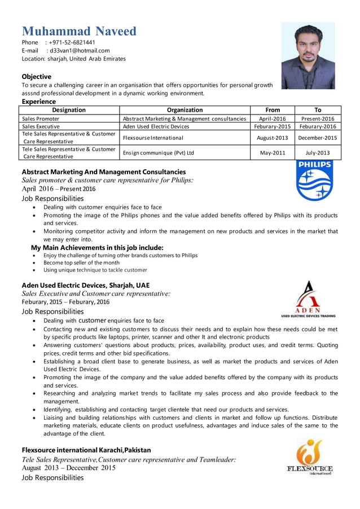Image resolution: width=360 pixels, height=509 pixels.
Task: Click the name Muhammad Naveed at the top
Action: click(79, 31)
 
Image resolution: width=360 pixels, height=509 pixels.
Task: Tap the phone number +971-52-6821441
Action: click(72, 42)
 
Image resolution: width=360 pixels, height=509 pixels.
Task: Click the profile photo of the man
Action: click(308, 56)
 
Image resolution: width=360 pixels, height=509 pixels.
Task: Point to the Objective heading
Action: click(36, 76)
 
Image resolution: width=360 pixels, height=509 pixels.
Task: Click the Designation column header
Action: click(69, 110)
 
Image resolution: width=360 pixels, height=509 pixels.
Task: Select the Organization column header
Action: click(185, 110)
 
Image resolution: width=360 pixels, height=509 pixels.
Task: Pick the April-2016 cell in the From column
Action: click(272, 119)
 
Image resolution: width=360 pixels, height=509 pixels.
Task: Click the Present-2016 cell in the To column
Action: click(318, 119)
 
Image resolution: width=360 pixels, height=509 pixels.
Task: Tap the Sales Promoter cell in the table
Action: click(41, 119)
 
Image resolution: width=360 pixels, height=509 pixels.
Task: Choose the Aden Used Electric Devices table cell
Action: click(156, 127)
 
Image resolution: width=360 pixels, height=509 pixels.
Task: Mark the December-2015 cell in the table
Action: click(318, 137)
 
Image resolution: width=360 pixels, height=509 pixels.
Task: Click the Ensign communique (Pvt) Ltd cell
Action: click(159, 152)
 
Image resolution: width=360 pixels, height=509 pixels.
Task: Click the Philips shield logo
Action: click(314, 182)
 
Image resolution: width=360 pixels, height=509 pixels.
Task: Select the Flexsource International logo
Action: click(310, 457)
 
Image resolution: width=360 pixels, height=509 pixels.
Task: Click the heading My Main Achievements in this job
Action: click(97, 247)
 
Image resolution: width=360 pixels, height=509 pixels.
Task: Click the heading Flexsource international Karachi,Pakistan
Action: click(86, 450)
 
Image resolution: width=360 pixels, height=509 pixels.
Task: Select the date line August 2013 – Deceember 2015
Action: click(68, 467)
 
